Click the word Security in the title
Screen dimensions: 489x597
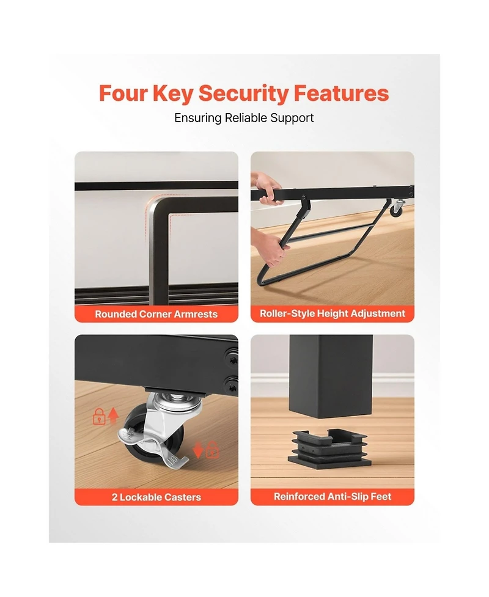pyautogui.click(x=244, y=93)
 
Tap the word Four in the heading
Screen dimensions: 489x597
pyautogui.click(x=123, y=93)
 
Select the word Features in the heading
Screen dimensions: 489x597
pyautogui.click(x=341, y=93)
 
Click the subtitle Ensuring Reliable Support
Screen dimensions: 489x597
pyautogui.click(x=244, y=118)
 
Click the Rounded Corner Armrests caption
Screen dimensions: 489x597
pyautogui.click(x=156, y=314)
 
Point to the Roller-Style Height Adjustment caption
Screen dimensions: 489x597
pyautogui.click(x=333, y=313)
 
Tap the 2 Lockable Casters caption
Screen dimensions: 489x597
pyautogui.click(x=156, y=497)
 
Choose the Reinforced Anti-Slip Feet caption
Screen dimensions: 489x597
pyautogui.click(x=333, y=497)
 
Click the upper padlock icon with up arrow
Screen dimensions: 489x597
pyautogui.click(x=106, y=416)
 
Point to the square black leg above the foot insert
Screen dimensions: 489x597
pyautogui.click(x=331, y=376)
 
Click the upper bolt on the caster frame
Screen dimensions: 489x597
pyautogui.click(x=232, y=360)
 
